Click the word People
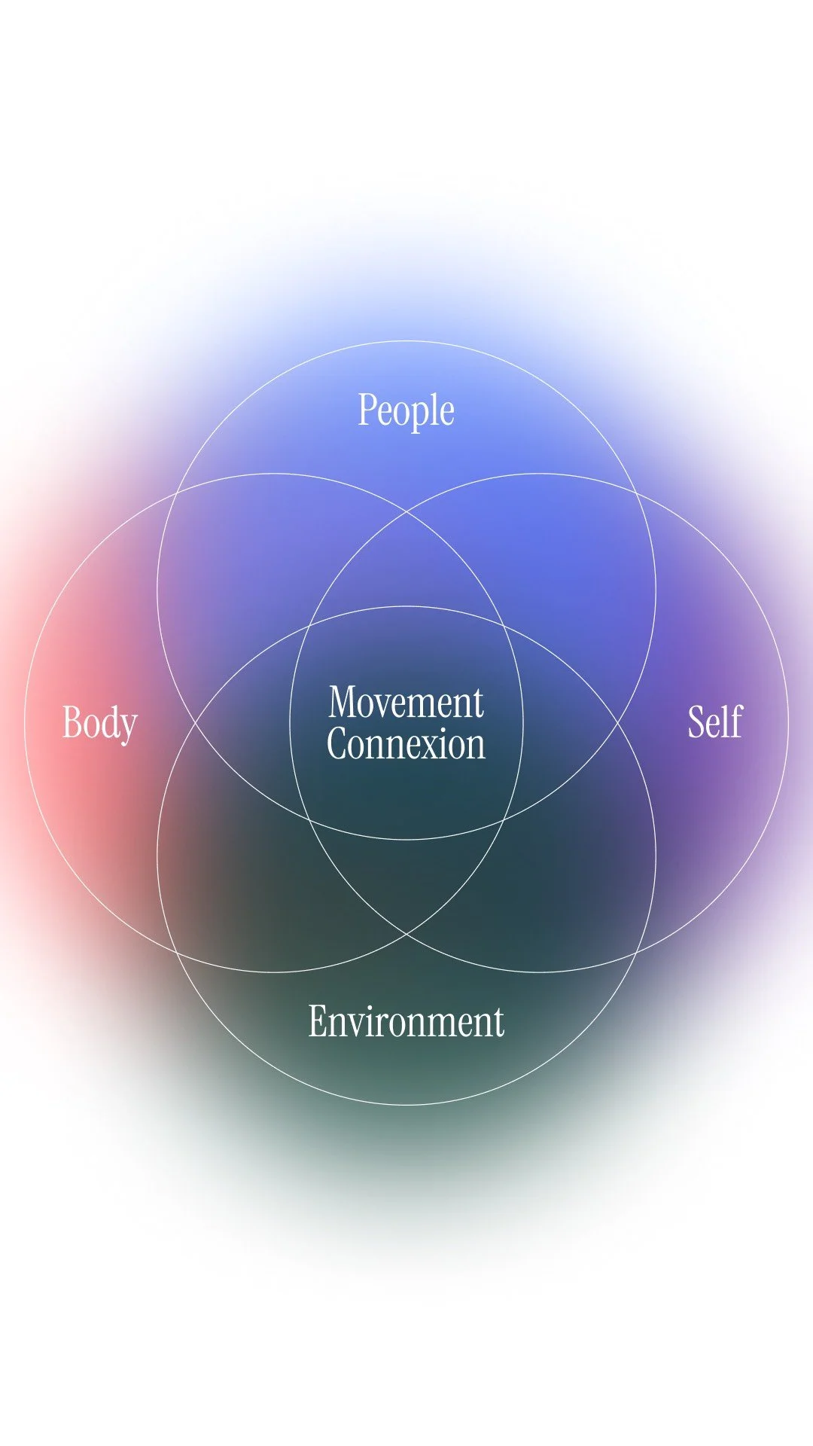406,411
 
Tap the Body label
99,723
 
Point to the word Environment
406,1022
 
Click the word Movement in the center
406,703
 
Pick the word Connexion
406,744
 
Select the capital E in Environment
317,1022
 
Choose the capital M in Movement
343,703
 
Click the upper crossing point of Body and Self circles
406,512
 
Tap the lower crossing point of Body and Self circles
406,934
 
